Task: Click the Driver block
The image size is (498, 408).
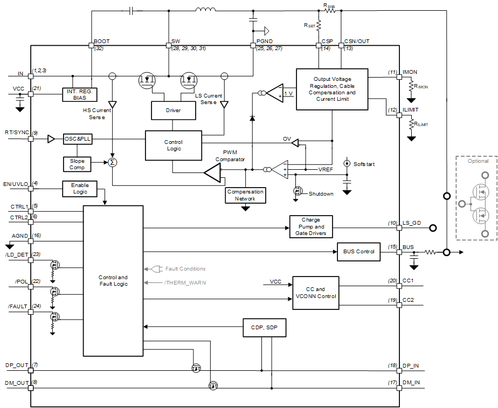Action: click(173, 110)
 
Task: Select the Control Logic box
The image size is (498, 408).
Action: click(173, 146)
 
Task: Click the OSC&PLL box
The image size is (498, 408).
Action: click(78, 139)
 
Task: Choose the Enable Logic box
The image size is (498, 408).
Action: click(80, 188)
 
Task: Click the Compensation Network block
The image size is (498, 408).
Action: click(245, 195)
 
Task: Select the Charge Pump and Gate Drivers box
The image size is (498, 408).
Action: click(311, 227)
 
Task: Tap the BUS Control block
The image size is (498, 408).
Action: click(358, 251)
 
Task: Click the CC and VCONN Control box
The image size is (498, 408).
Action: click(316, 293)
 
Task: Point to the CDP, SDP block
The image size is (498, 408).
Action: click(265, 327)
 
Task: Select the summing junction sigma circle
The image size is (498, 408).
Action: click(112, 162)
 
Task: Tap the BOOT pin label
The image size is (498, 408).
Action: click(101, 42)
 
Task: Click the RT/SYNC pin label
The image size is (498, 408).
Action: click(16, 132)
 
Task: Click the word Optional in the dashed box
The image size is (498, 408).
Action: click(478, 161)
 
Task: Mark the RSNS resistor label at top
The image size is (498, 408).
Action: click(329, 5)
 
